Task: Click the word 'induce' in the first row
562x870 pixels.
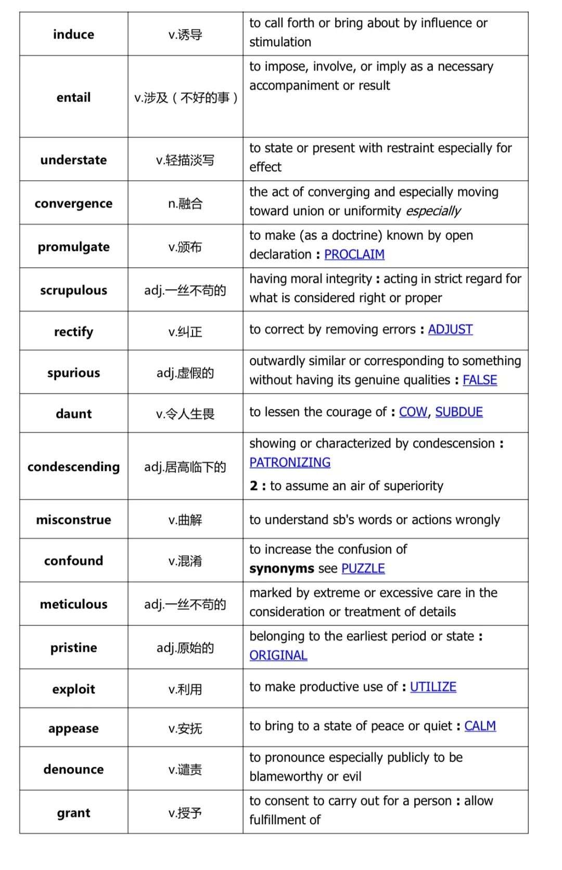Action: pos(73,34)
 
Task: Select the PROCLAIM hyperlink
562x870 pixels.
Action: pos(354,254)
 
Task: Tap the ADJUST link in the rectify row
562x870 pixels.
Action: pos(450,329)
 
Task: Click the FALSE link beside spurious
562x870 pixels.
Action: pos(480,380)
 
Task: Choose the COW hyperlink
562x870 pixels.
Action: pos(413,412)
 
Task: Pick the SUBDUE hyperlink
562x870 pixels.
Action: pos(459,412)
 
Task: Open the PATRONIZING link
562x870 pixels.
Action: pos(290,463)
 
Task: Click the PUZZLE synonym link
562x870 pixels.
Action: pos(363,568)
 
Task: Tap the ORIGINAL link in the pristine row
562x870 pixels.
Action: pos(278,655)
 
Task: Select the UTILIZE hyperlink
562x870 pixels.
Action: pos(433,687)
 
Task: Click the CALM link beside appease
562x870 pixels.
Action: pos(480,726)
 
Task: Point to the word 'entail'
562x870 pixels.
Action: pos(73,97)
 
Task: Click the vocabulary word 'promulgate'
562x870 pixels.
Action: pos(73,247)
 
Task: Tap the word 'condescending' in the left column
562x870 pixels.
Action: pos(73,467)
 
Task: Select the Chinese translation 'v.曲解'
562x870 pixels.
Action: pos(185,520)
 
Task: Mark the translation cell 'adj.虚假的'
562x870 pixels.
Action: pos(185,373)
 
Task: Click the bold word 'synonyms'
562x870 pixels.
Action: pos(282,568)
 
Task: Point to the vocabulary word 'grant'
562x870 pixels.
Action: pos(73,813)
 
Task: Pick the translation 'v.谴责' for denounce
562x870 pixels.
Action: pos(185,769)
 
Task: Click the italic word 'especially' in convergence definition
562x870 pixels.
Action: pos(433,211)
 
